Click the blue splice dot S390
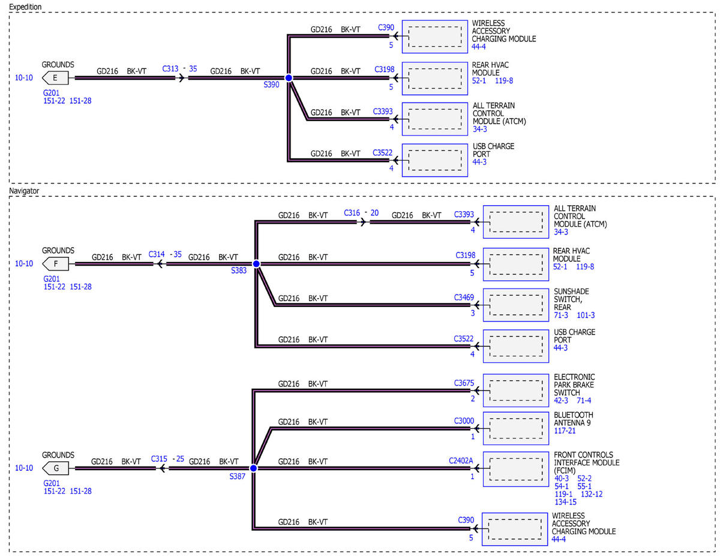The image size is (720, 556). [289, 78]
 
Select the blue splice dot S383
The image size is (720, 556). [256, 264]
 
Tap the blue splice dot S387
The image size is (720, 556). [253, 468]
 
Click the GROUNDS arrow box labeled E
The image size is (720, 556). [55, 78]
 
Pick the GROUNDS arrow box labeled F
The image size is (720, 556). [55, 264]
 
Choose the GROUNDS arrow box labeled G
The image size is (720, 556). [55, 468]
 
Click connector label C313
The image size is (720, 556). [170, 68]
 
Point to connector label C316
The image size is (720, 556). [352, 213]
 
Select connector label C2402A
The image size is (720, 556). [461, 461]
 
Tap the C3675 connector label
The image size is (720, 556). [464, 383]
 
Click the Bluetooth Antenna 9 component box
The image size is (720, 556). [515, 428]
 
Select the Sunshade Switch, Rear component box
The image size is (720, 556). [515, 305]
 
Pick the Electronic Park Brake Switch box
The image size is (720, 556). [515, 390]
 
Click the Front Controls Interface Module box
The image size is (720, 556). [515, 469]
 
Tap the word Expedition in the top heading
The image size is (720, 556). [25, 7]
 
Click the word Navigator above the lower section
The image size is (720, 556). [24, 191]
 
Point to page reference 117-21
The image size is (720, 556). [565, 431]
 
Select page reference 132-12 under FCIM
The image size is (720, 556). [592, 494]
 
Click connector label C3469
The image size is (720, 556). [464, 297]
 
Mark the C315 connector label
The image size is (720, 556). [159, 459]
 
